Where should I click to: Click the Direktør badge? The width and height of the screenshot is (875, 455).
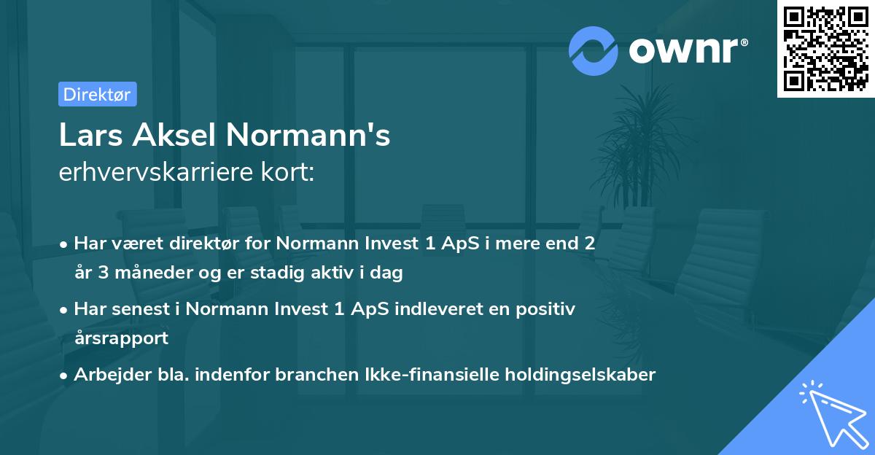97,94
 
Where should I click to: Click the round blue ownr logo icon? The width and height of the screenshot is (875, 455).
594,50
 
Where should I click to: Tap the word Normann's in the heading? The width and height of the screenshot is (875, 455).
308,136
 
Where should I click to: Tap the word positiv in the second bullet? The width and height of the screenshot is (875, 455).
548,309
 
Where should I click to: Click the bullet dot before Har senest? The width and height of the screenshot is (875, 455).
64,310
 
